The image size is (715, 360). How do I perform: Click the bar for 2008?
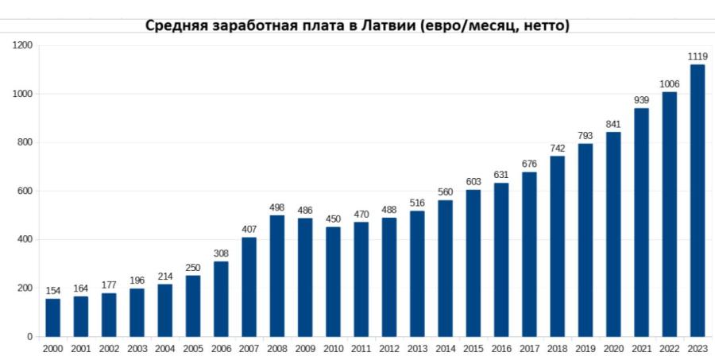point(277,276)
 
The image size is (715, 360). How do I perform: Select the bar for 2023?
point(698,200)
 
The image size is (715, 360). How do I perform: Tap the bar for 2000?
point(52,317)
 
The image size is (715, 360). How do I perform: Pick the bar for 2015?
point(473,263)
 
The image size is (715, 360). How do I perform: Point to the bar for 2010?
point(333,281)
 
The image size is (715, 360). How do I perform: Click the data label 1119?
point(698,56)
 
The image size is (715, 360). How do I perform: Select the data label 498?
point(277,208)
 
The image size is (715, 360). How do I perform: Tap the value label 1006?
point(670,84)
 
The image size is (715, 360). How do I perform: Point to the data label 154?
point(52,292)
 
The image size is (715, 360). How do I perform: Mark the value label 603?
point(473,182)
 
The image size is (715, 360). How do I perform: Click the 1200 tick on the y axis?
point(22,46)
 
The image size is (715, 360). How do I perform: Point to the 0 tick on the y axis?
point(29,337)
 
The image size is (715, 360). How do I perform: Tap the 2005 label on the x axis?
point(193,349)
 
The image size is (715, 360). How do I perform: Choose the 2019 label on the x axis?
point(586,349)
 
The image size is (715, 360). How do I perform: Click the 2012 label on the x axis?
point(389,349)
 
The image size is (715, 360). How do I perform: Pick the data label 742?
point(558,149)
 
